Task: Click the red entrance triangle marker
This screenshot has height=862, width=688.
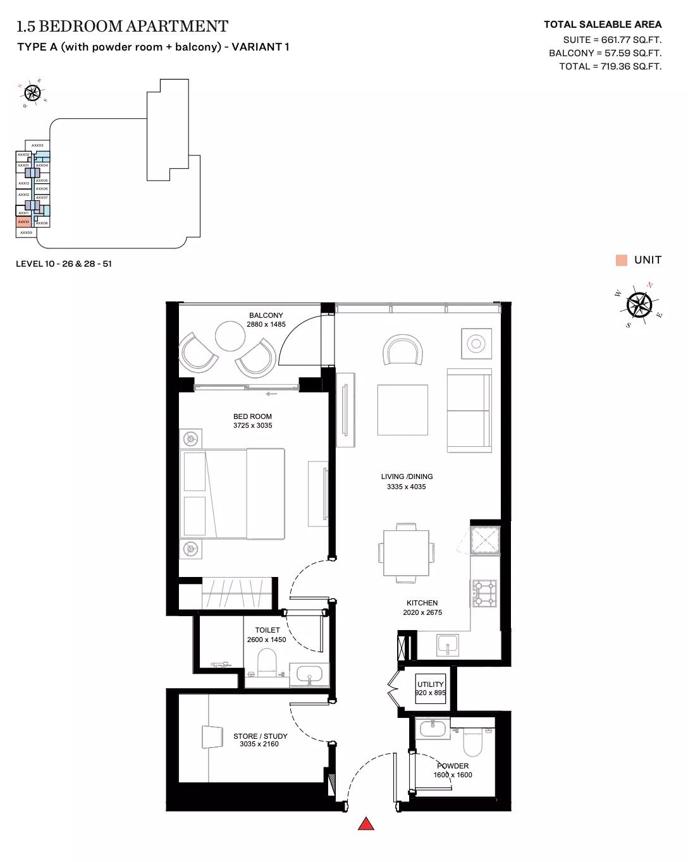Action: point(366,823)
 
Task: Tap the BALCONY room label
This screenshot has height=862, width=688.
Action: point(266,315)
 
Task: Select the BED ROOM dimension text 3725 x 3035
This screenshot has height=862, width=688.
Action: point(252,426)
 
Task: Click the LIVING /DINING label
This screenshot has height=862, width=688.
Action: point(407,477)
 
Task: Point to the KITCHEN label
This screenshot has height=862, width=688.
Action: point(422,603)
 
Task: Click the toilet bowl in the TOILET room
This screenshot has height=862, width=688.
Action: point(267,662)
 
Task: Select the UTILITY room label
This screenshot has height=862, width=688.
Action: point(430,684)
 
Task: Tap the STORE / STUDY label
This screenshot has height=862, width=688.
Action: point(260,736)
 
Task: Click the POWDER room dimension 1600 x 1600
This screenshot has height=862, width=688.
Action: point(453,775)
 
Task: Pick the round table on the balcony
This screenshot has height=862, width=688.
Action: point(230,336)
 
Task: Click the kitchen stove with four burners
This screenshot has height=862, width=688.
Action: point(484,593)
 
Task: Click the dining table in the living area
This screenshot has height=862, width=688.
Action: point(406,552)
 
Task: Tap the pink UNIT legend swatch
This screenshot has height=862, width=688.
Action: point(622,260)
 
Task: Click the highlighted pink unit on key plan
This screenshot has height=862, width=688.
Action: point(23,222)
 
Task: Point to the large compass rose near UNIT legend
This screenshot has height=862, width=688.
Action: point(639,305)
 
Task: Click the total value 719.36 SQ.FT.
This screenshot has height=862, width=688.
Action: point(627,66)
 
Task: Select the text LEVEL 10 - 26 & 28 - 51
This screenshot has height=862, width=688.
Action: point(64,264)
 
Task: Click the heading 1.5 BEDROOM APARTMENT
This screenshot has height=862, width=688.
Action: point(122,27)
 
